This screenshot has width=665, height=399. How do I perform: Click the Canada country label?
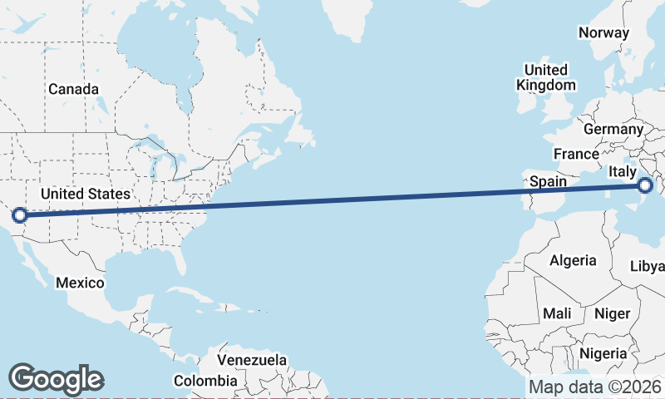73,89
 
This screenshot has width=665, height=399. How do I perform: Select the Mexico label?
80,283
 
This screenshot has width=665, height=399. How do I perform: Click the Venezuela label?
252,360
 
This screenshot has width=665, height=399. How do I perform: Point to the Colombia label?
204,381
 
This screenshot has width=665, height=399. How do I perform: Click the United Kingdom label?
545,77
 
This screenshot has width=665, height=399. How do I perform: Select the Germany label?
613,129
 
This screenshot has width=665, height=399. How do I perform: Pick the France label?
576,154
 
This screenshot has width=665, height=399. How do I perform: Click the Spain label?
548,180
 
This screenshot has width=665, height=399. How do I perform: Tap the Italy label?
623,170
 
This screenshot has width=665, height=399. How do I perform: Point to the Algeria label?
573,260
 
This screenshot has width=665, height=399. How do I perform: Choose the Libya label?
648,266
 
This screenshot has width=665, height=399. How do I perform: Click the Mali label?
556,314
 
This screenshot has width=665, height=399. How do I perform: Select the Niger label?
612,314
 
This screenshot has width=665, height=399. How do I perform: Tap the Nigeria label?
603,353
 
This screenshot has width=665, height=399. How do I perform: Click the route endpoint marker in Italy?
645,186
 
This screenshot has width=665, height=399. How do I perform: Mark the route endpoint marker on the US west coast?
20,216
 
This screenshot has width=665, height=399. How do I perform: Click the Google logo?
56,378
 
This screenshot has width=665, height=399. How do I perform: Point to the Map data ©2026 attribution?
595,387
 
